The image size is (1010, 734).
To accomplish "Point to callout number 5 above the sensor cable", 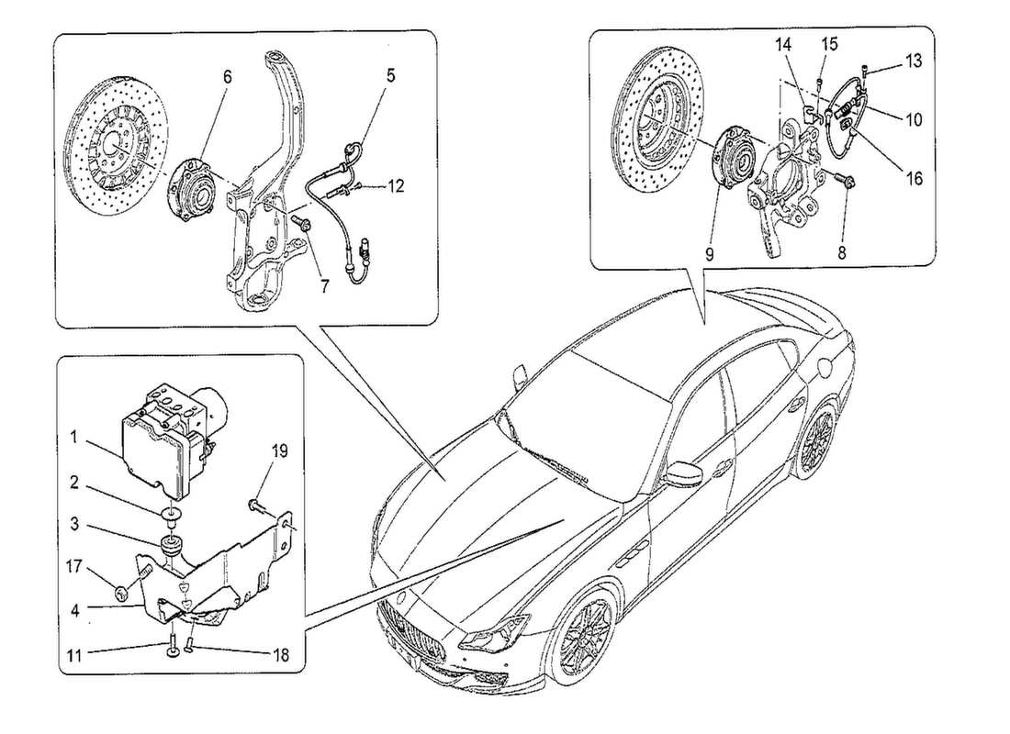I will pyautogui.click(x=390, y=78).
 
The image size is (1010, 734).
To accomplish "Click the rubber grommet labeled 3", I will pyautogui.click(x=170, y=547).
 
